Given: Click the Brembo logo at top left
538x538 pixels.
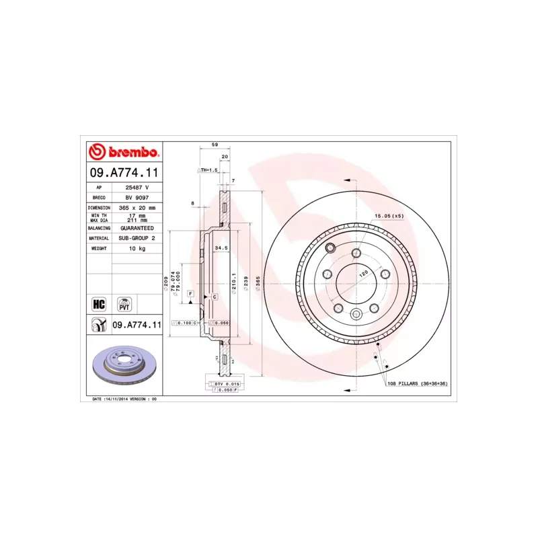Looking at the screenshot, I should pyautogui.click(x=124, y=151).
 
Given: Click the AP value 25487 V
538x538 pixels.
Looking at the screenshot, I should pyautogui.click(x=137, y=188).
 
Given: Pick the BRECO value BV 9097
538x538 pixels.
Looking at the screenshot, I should pyautogui.click(x=137, y=198).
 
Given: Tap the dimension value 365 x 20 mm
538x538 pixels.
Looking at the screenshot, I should pyautogui.click(x=137, y=208).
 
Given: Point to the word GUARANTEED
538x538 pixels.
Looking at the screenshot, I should pyautogui.click(x=137, y=228).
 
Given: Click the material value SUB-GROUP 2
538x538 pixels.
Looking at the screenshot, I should pyautogui.click(x=137, y=238).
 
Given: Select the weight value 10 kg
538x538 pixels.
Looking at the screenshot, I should pyautogui.click(x=137, y=248).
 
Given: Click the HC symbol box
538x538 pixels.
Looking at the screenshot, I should pyautogui.click(x=99, y=303).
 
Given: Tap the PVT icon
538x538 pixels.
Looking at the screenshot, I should pyautogui.click(x=124, y=303).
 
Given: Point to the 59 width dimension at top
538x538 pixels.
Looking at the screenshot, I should pyautogui.click(x=215, y=145).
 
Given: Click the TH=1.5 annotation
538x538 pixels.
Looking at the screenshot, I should pyautogui.click(x=209, y=170).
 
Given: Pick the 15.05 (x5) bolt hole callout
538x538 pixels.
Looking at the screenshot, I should pyautogui.click(x=389, y=216).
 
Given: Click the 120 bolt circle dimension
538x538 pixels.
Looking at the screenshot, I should pyautogui.click(x=362, y=274).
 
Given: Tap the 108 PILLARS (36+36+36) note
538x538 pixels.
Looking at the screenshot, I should pyautogui.click(x=417, y=383).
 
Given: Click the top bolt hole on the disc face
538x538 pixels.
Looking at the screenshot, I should pyautogui.click(x=356, y=253).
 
